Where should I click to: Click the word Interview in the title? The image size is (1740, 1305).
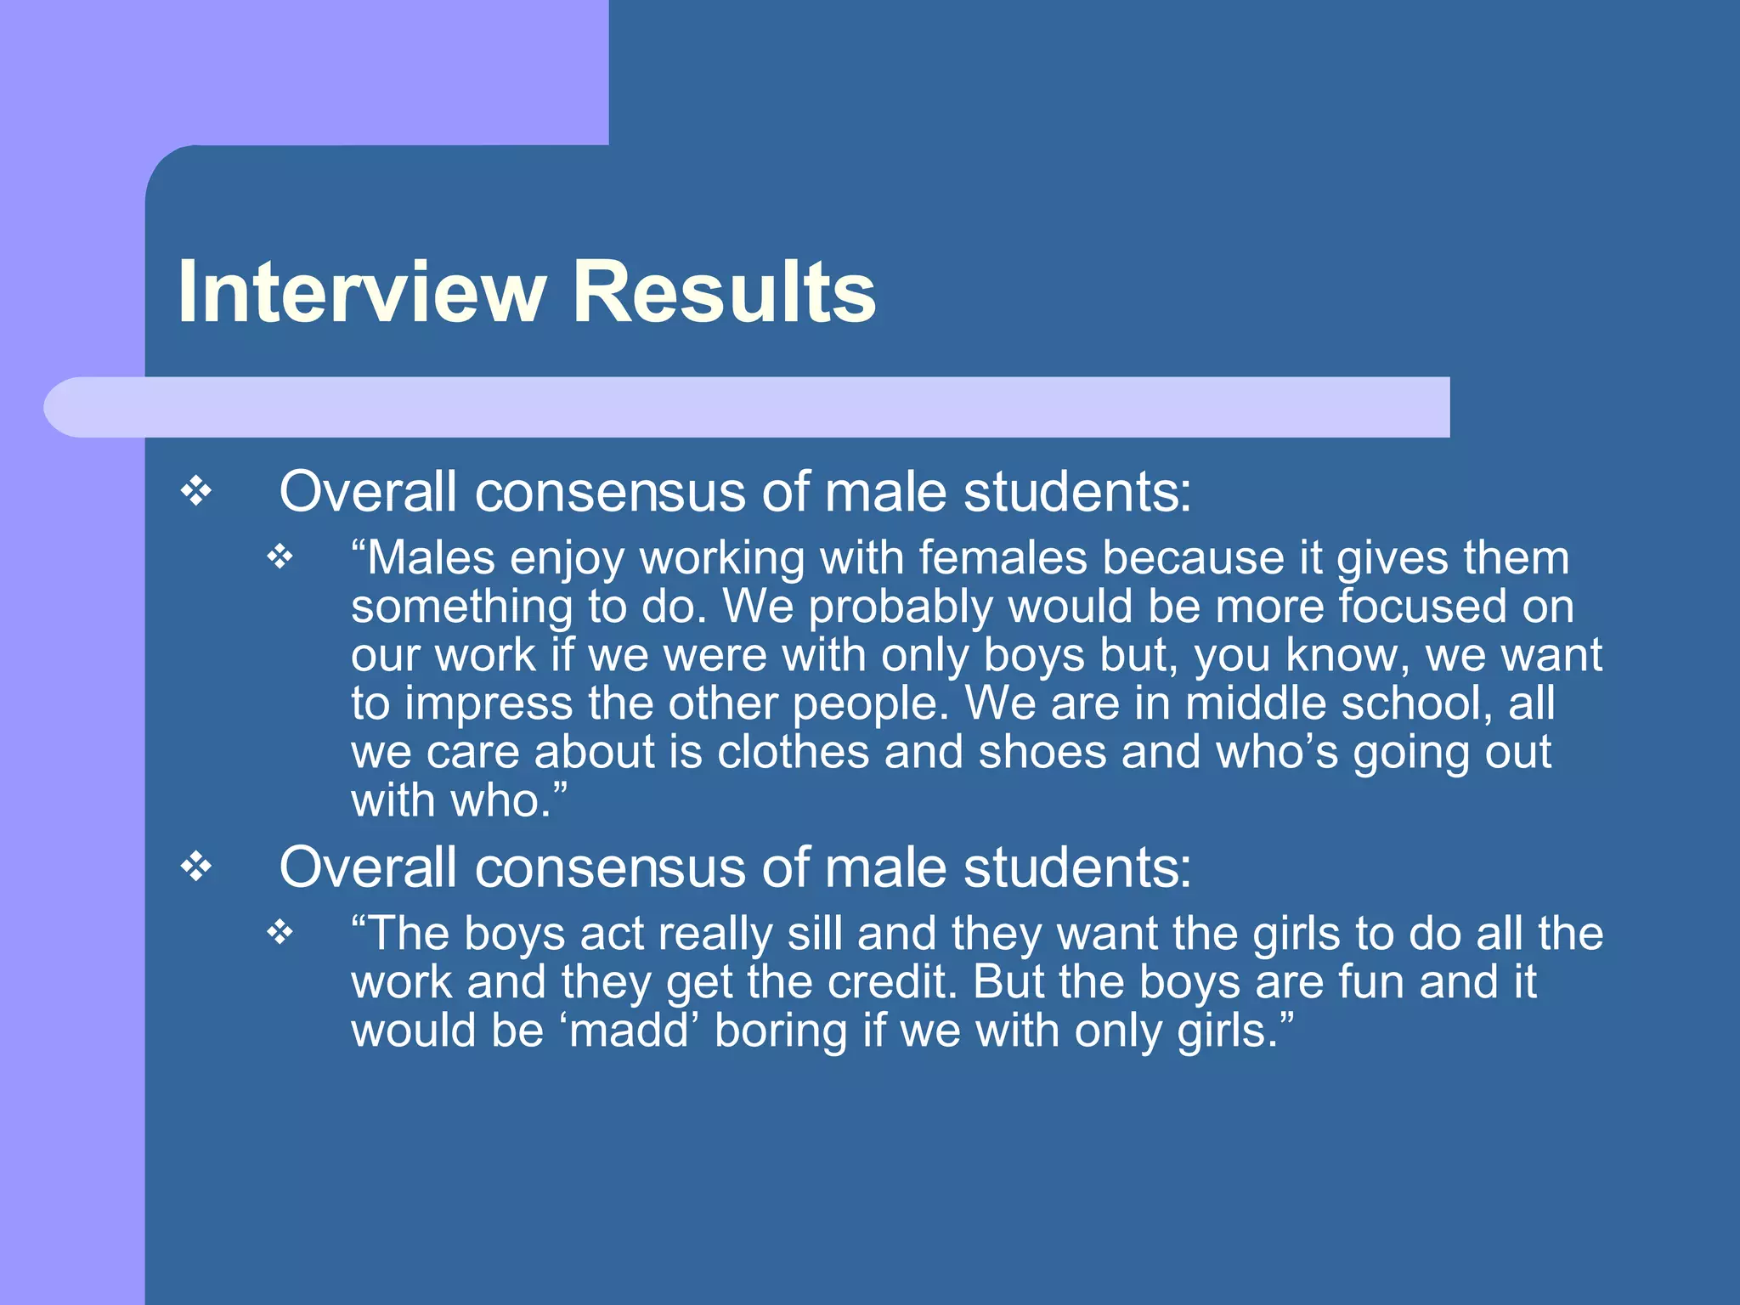361,292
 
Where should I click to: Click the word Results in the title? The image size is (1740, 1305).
724,292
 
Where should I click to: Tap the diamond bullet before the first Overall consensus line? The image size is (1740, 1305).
196,492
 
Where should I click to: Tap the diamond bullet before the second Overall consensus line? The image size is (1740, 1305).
196,867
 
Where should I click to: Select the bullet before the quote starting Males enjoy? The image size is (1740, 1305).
280,557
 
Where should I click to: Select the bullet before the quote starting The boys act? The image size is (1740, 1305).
280,933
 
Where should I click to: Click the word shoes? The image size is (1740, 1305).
1042,752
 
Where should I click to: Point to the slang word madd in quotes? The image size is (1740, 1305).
629,1031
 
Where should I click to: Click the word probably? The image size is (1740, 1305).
901,608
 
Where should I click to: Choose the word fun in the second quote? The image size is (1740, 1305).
1370,982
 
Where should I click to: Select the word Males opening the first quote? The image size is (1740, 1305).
430,559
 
